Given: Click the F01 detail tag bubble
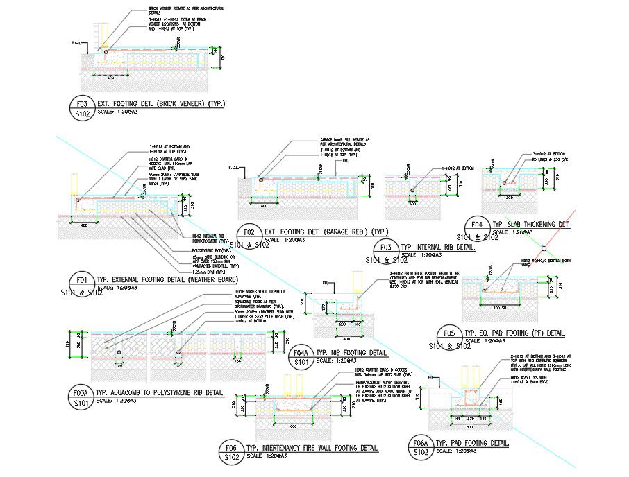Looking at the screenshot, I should click(x=83, y=285).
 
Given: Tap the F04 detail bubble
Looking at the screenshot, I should click(x=477, y=229).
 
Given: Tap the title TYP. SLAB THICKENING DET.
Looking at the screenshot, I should click(x=530, y=224).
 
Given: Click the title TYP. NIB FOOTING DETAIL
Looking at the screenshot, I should click(x=351, y=352).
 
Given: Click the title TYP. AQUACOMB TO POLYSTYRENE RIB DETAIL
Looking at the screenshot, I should click(x=160, y=392).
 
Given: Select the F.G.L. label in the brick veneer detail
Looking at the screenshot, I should click(x=77, y=43).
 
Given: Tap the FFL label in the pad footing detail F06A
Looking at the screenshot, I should click(x=431, y=377).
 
